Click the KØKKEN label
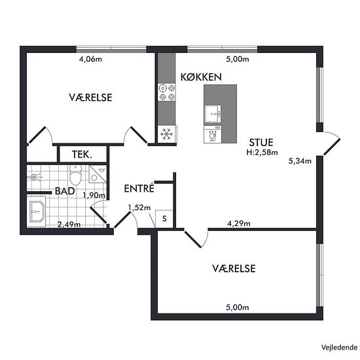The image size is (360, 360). click(x=201, y=77)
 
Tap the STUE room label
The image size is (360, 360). click(x=261, y=143)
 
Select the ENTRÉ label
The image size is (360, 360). click(x=139, y=189)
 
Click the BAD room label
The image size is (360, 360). click(x=65, y=191)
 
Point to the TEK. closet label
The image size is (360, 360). click(x=82, y=154)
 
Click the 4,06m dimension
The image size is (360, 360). click(x=90, y=59)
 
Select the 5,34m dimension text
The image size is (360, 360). click(x=300, y=161)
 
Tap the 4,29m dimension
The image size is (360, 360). click(x=239, y=223)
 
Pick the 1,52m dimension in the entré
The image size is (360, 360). click(x=139, y=207)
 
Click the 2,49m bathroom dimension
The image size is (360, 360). click(x=69, y=225)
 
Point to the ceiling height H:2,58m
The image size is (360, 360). click(x=262, y=153)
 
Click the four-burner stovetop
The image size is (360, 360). click(x=167, y=92)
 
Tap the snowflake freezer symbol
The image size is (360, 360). click(x=167, y=134)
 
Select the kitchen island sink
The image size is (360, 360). click(x=213, y=114)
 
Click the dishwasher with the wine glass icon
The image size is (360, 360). click(x=213, y=134)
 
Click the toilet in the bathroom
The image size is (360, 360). click(x=75, y=175)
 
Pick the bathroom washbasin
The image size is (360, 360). click(x=37, y=211)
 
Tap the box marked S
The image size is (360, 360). click(x=164, y=219)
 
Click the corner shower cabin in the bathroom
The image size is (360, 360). click(x=98, y=174)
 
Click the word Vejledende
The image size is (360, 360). click(x=339, y=348)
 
